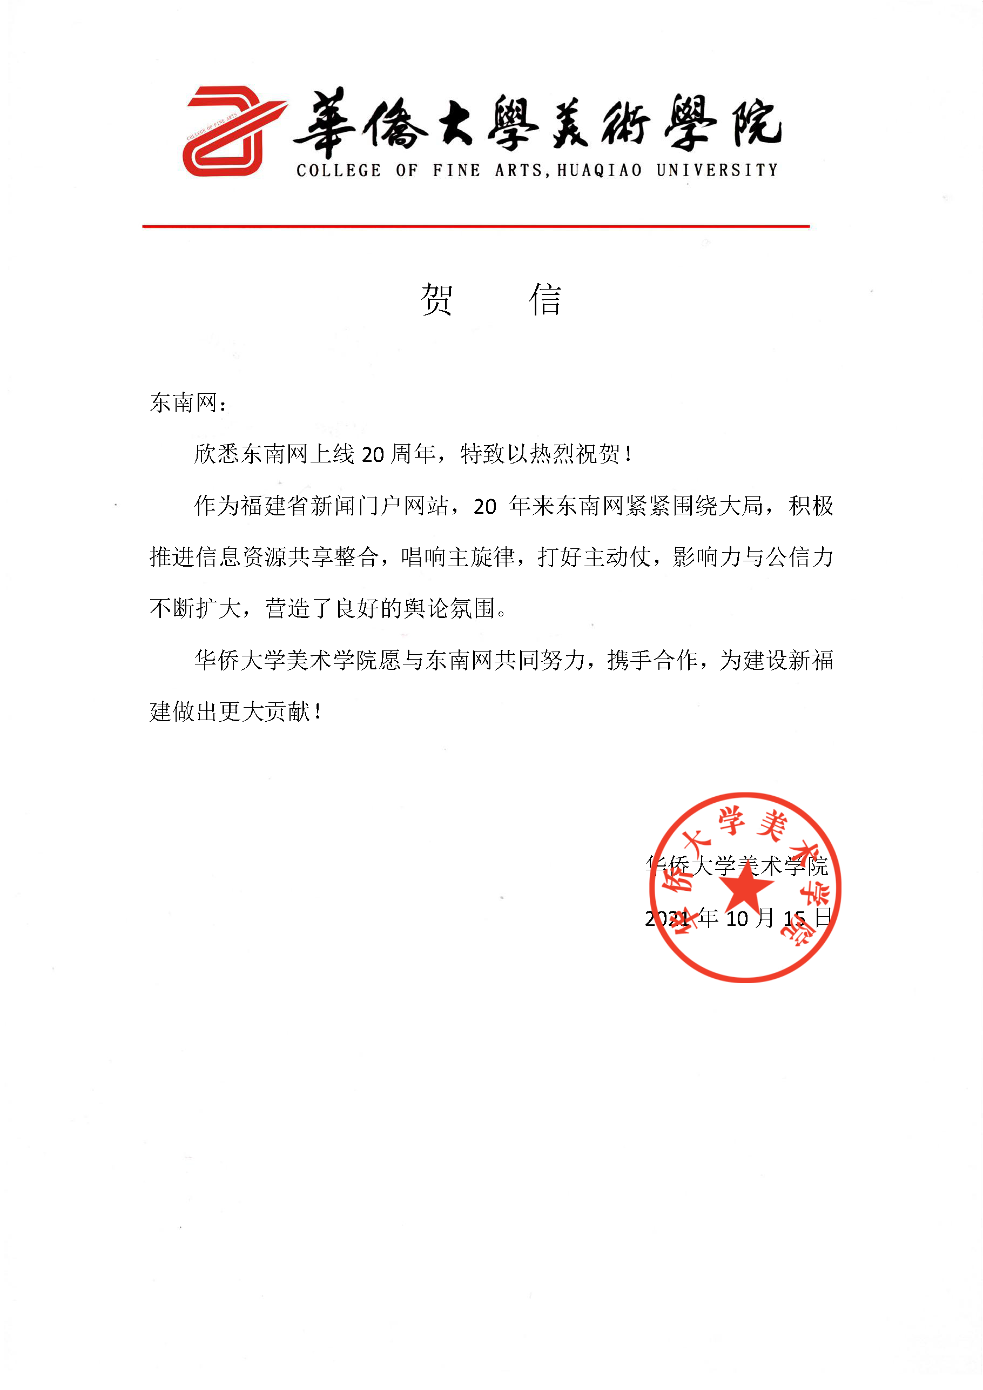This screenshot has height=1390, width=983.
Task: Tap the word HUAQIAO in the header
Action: pos(599,171)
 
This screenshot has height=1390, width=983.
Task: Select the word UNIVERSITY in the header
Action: pos(717,170)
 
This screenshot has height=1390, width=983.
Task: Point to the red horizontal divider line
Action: pos(476,226)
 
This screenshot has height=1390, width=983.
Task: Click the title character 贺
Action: pos(436,299)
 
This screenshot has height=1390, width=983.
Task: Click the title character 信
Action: pos(545,299)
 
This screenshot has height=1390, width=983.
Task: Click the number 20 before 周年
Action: pos(373,454)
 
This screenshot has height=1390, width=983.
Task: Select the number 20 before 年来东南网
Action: pos(485,506)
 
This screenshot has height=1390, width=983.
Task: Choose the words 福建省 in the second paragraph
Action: pos(275,506)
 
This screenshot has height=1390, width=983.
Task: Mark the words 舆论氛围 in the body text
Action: pos(449,608)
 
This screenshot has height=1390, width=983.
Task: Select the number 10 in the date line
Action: pos(737,918)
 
